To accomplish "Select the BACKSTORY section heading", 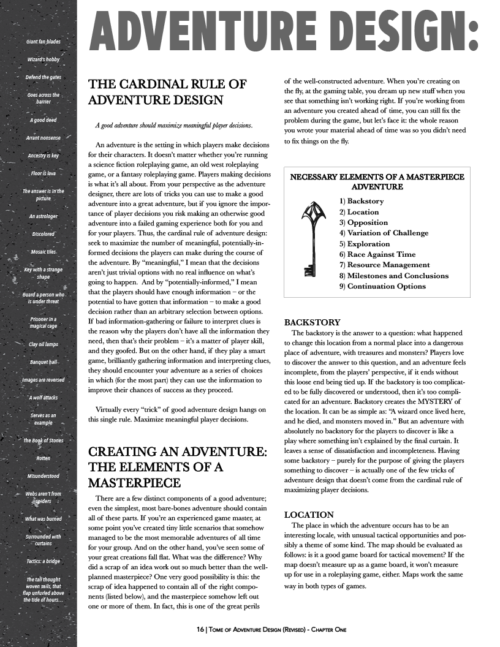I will pos(312,322).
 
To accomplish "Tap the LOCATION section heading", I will pos(309,515).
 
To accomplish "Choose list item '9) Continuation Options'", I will pos(382,286).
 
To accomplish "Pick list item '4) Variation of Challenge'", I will pos(384,233).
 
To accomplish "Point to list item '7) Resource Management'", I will pos(384,265).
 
